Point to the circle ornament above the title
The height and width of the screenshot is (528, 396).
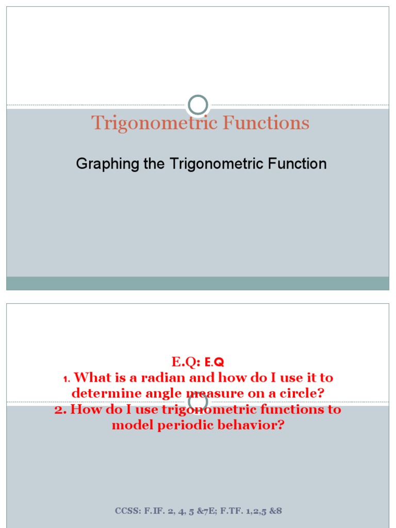pyautogui.click(x=197, y=105)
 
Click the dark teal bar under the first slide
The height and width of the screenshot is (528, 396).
pyautogui.click(x=197, y=283)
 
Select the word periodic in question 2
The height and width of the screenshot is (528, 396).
pyautogui.click(x=180, y=425)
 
